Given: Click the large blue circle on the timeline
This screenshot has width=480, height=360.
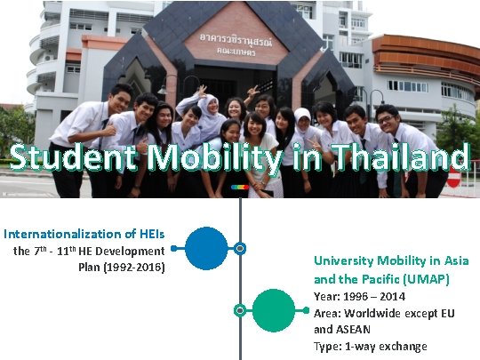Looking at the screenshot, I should tap(206, 248).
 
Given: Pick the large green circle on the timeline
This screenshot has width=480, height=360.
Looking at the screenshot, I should tap(274, 310).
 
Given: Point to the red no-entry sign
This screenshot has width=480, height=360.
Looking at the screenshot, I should tap(453, 178).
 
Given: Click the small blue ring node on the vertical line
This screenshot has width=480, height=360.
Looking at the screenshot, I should tap(240, 248).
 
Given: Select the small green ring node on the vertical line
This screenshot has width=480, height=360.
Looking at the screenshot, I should tap(240, 310).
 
